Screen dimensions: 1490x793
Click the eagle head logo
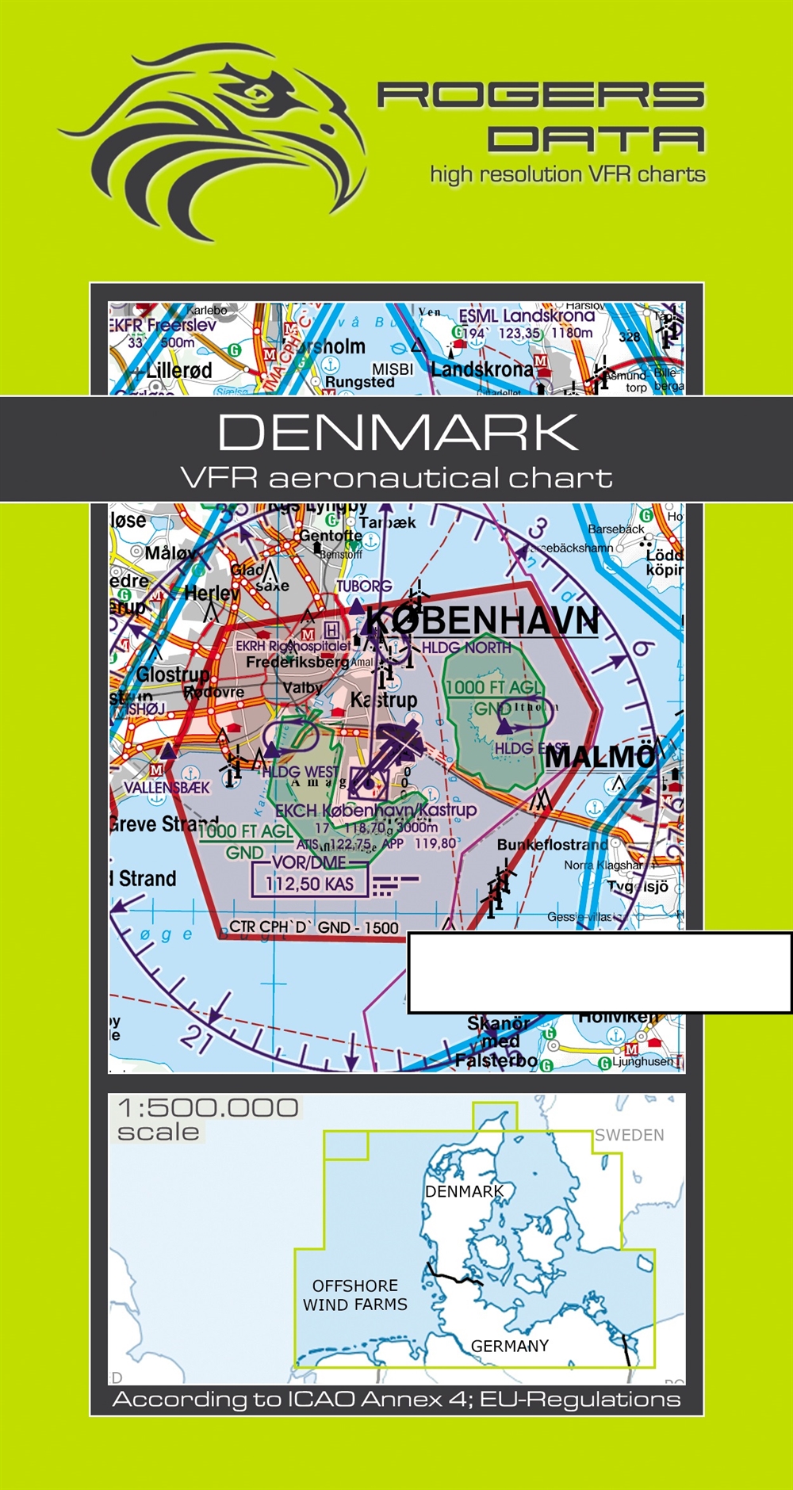point(214,143)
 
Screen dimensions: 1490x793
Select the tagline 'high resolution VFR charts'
point(568,174)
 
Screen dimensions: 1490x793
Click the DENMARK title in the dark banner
point(397,433)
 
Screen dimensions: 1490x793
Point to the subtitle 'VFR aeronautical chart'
point(396,478)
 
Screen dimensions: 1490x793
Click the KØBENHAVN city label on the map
point(481,621)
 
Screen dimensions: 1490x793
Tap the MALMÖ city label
point(600,756)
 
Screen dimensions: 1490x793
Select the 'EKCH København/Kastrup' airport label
point(375,810)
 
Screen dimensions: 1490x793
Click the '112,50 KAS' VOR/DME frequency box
point(309,884)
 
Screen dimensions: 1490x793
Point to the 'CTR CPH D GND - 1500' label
point(314,927)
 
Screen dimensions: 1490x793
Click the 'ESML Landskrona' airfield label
point(527,316)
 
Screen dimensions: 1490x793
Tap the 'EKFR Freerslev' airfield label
point(163,325)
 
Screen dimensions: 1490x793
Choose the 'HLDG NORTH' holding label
point(466,648)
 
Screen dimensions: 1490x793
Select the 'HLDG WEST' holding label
point(300,771)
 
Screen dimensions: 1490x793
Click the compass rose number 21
point(195,1039)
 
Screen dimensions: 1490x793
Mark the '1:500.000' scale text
point(208,1107)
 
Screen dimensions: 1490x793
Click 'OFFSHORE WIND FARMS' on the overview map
point(355,1295)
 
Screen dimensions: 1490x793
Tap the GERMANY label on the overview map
point(510,1346)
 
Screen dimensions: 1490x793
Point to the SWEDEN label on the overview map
point(630,1135)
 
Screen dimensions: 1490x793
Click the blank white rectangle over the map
point(600,972)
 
